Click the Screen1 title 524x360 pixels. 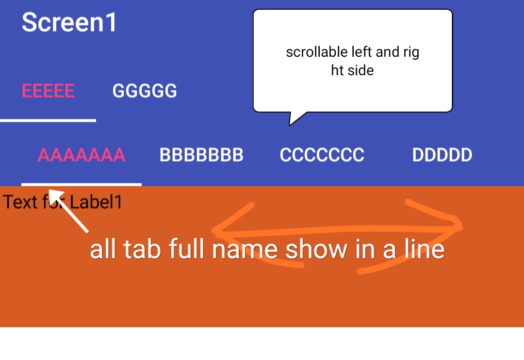tap(69, 22)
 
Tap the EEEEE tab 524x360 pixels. tap(48, 91)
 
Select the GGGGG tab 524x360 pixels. tap(145, 91)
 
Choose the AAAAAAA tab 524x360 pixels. tap(82, 155)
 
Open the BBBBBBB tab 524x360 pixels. tap(201, 155)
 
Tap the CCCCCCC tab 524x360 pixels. tap(322, 155)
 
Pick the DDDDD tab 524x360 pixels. tap(442, 155)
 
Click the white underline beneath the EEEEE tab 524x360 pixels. tap(48, 120)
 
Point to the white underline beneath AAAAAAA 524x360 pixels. tap(82, 184)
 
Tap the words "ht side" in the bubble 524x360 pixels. tap(352, 70)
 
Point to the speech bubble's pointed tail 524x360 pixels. tap(290, 125)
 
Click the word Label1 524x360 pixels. tap(96, 202)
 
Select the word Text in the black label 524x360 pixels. tap(20, 202)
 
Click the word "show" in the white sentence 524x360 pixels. tap(316, 249)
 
